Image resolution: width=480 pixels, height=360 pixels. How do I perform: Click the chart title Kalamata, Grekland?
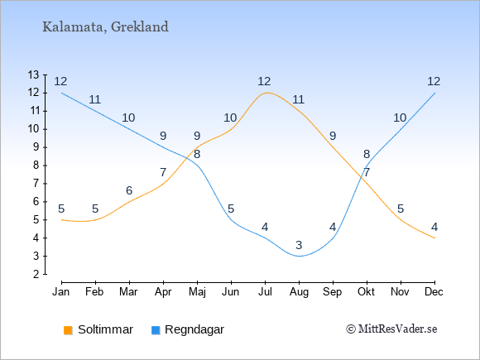(x=105, y=27)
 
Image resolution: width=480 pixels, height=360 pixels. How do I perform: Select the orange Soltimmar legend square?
(x=68, y=330)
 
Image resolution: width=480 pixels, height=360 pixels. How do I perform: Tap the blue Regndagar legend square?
(x=156, y=330)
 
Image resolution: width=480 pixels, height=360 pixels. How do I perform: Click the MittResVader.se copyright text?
(x=391, y=329)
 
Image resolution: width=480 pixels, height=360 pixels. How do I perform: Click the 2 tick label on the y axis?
(x=36, y=274)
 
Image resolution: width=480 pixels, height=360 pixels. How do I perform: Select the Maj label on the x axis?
(x=197, y=292)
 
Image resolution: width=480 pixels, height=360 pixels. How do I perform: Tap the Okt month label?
(x=366, y=292)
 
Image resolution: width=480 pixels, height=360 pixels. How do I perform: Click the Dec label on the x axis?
(x=434, y=292)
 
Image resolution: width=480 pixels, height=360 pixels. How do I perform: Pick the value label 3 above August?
(x=299, y=245)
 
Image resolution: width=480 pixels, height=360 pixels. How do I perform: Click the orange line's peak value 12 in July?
(x=264, y=81)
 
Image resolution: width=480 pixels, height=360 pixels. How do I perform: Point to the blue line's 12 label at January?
(x=60, y=81)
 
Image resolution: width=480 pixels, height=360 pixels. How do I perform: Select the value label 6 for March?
(x=129, y=190)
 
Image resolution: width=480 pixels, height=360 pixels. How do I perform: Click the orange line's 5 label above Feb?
(x=95, y=209)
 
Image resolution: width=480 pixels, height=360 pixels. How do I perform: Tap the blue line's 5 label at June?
(x=231, y=209)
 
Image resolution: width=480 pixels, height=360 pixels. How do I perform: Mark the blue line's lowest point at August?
(x=299, y=256)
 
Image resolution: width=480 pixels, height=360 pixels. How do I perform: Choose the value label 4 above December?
(x=434, y=227)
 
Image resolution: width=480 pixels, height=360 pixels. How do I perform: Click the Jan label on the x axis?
(x=61, y=292)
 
